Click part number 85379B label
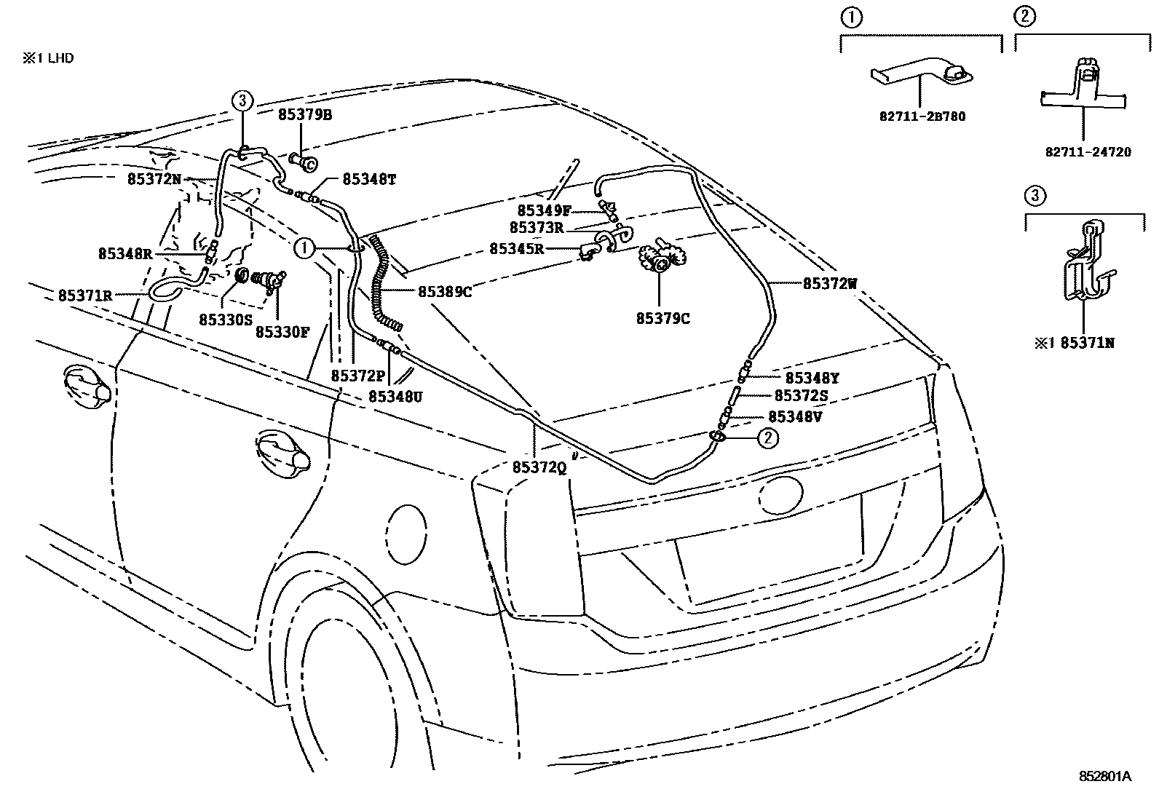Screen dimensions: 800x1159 coord(304,115)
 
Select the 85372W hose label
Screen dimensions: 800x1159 coord(830,284)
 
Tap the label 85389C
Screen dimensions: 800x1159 coord(445,292)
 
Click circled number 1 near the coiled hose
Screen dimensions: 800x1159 coord(304,248)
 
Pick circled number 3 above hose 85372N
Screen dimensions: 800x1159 coord(242,100)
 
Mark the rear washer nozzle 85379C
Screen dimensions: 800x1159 coord(661,260)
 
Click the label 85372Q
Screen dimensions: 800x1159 coord(539,468)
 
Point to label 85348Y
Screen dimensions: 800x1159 coord(812,378)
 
